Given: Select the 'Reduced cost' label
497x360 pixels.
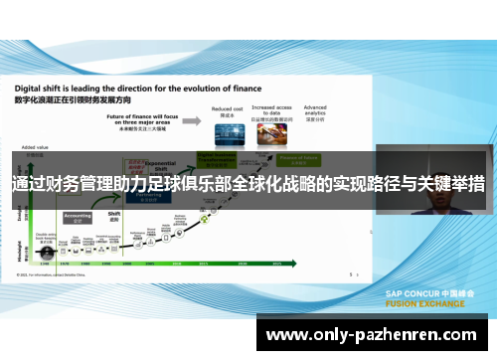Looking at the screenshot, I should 228,109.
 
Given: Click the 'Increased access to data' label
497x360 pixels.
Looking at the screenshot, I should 270,112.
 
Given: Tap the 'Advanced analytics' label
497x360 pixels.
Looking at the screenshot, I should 315,109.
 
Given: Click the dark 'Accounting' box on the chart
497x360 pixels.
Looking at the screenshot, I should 77,216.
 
